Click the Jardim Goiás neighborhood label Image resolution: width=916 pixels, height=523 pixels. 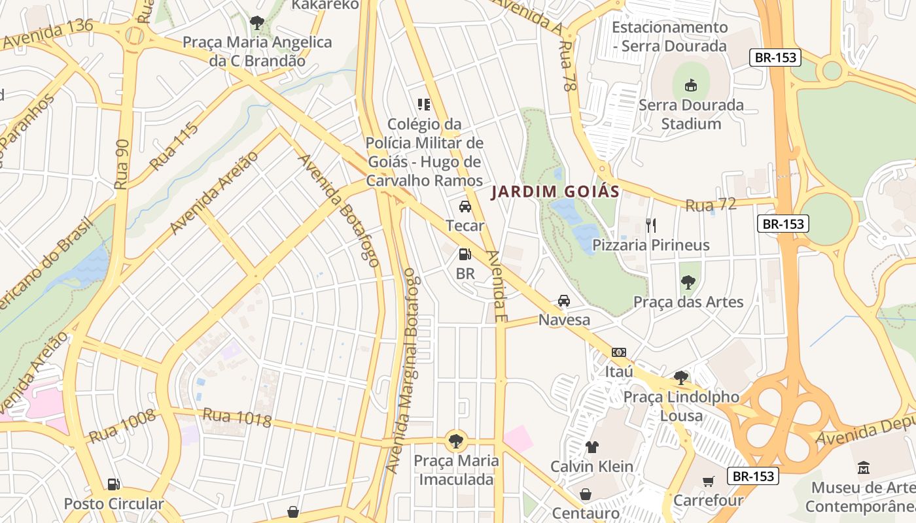pyautogui.click(x=555, y=192)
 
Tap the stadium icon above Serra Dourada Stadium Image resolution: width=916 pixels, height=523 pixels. pyautogui.click(x=690, y=85)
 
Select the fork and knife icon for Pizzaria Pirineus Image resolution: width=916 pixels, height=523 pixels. pyautogui.click(x=650, y=226)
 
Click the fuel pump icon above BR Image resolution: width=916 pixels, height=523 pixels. pyautogui.click(x=465, y=254)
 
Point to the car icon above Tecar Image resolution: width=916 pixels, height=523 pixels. pyautogui.click(x=465, y=207)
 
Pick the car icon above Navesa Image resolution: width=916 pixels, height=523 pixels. pyautogui.click(x=563, y=301)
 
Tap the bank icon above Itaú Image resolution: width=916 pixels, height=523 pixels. pyautogui.click(x=618, y=352)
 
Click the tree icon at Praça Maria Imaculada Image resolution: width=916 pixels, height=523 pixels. pyautogui.click(x=456, y=441)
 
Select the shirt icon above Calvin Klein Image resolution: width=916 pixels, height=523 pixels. pyautogui.click(x=591, y=447)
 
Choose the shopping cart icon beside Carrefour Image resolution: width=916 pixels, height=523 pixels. pyautogui.click(x=709, y=482)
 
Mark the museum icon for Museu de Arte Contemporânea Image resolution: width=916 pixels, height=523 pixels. pyautogui.click(x=863, y=468)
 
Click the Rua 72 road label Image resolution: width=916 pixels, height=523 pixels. pyautogui.click(x=711, y=205)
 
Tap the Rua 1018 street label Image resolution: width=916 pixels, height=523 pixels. pyautogui.click(x=236, y=418)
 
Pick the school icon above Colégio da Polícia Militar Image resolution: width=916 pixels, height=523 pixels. pyautogui.click(x=423, y=104)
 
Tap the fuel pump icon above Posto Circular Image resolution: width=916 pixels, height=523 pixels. pyautogui.click(x=114, y=484)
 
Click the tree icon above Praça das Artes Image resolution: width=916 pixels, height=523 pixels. pyautogui.click(x=688, y=282)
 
